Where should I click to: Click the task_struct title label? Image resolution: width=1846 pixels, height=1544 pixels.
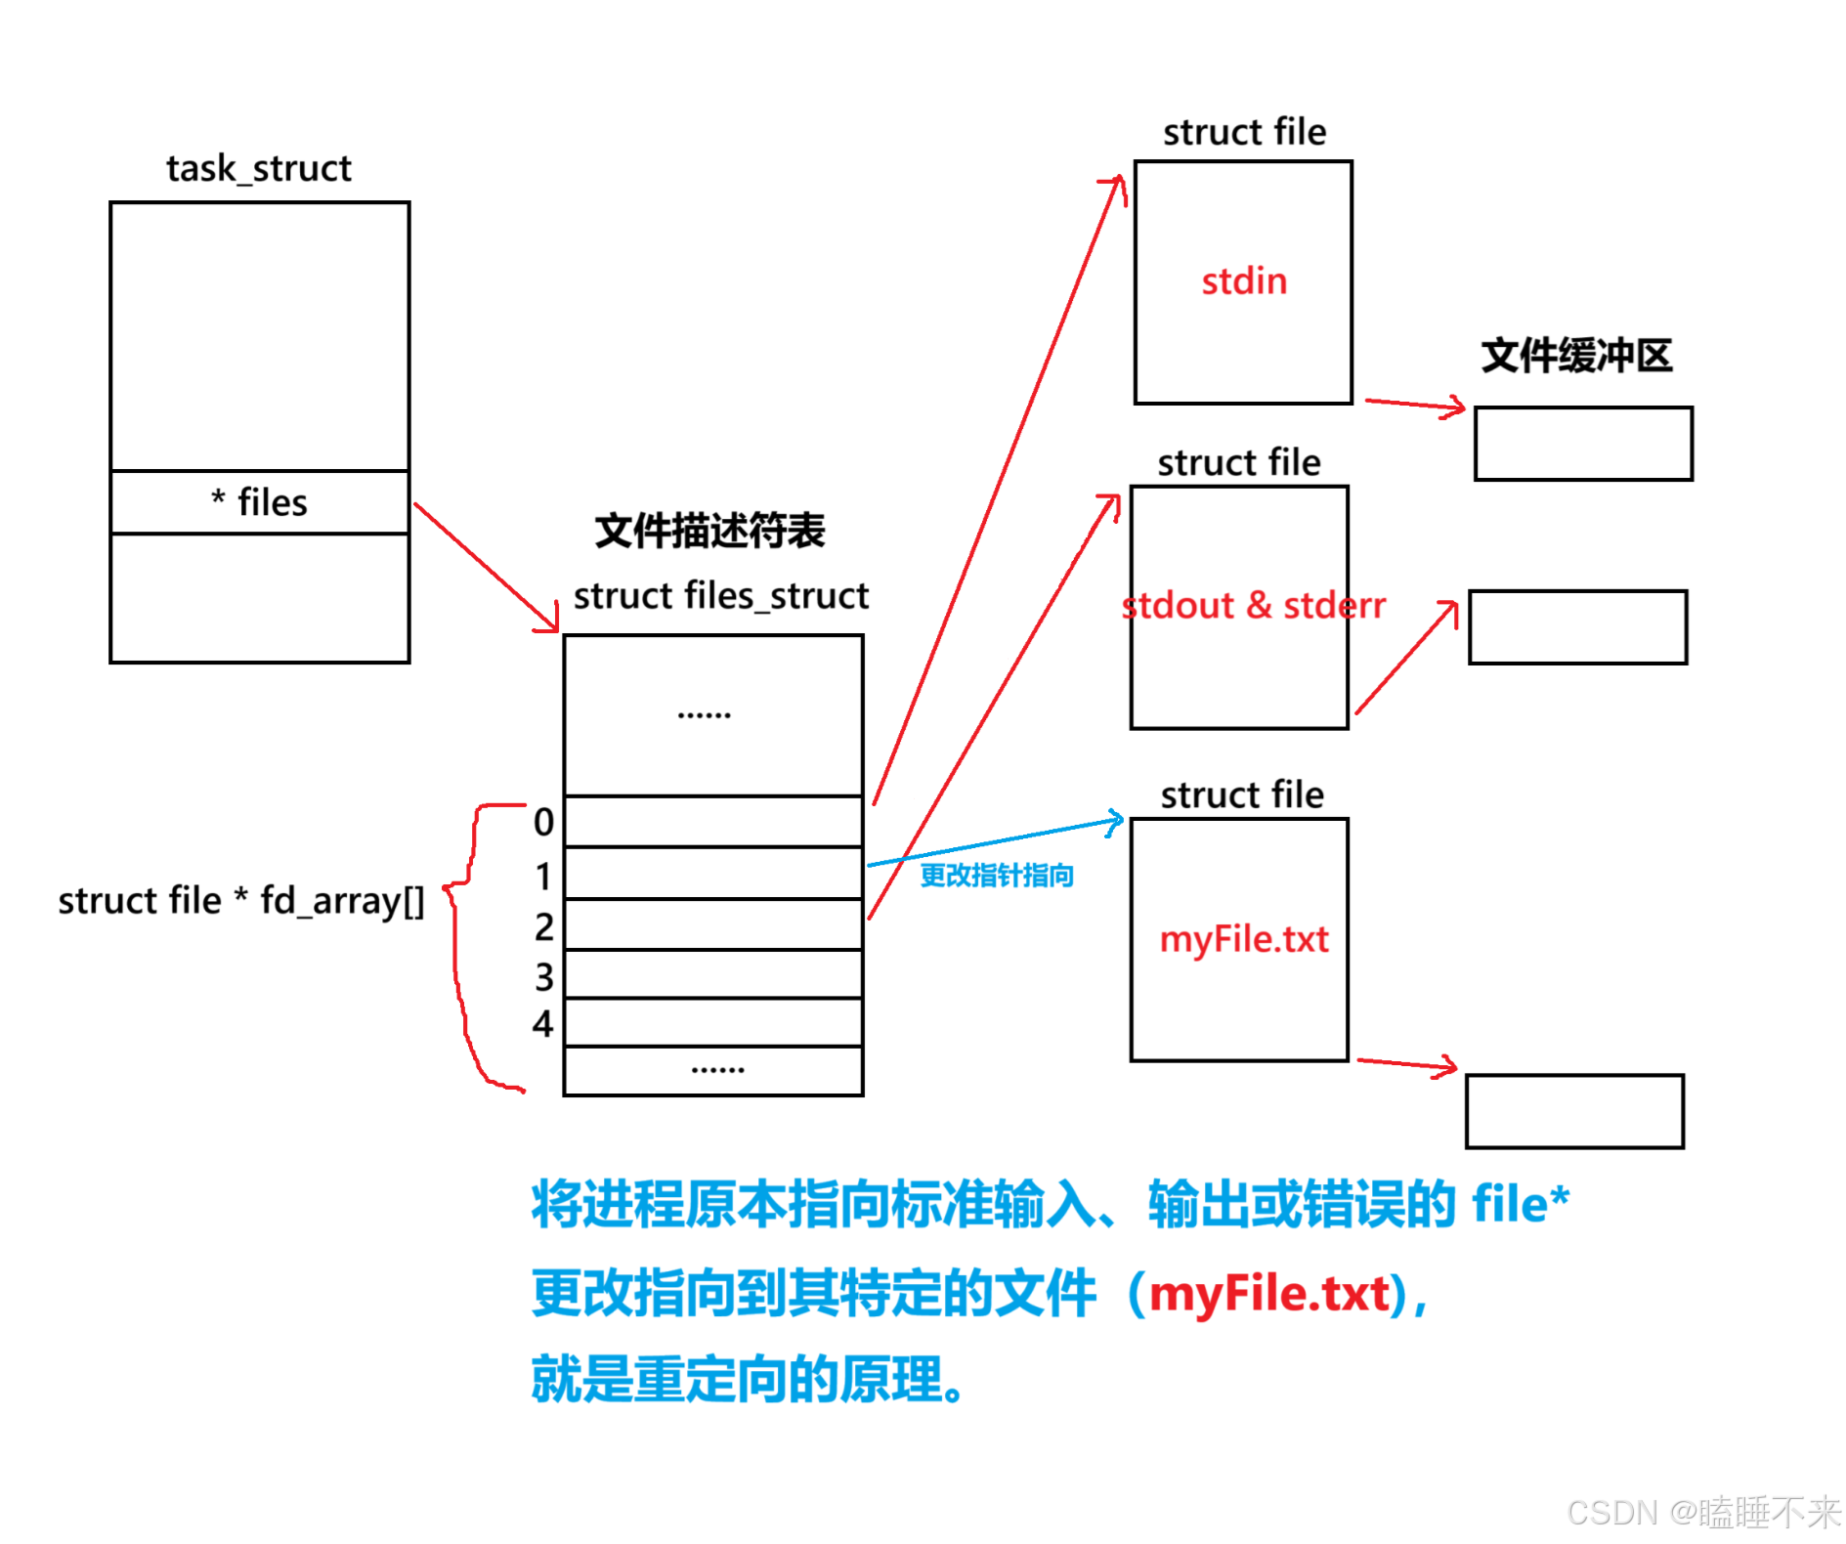tap(258, 168)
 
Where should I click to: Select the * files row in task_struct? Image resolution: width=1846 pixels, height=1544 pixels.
tap(259, 502)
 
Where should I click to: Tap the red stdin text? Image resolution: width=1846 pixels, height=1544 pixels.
tap(1243, 281)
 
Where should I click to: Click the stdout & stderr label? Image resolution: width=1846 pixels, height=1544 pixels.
tap(1253, 606)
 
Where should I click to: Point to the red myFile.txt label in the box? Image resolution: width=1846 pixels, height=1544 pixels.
tap(1243, 939)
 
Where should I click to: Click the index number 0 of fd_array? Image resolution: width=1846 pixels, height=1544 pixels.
tap(543, 822)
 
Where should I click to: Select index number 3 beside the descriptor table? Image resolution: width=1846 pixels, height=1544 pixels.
tap(543, 976)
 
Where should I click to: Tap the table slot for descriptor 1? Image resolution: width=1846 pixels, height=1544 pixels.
tap(712, 873)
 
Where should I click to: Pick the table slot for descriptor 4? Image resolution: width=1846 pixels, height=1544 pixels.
tap(712, 1022)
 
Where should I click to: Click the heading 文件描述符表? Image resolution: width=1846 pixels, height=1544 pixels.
tap(709, 531)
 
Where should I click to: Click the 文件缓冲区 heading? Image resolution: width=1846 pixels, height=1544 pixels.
tap(1576, 356)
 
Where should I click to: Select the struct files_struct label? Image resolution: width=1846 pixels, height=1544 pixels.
tap(720, 595)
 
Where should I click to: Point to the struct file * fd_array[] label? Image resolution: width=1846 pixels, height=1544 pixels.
tap(240, 900)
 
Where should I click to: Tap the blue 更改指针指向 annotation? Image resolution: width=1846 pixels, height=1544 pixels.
tap(996, 875)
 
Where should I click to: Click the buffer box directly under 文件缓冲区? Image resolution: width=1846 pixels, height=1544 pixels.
tap(1583, 444)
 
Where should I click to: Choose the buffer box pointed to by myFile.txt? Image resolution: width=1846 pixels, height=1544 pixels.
tap(1574, 1111)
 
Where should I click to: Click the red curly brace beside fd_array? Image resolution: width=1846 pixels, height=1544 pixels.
tap(459, 938)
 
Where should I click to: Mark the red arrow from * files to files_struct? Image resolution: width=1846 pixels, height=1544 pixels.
tap(484, 566)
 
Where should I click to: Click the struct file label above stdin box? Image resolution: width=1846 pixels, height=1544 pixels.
tap(1244, 132)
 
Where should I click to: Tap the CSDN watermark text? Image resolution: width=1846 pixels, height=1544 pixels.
tap(1702, 1512)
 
